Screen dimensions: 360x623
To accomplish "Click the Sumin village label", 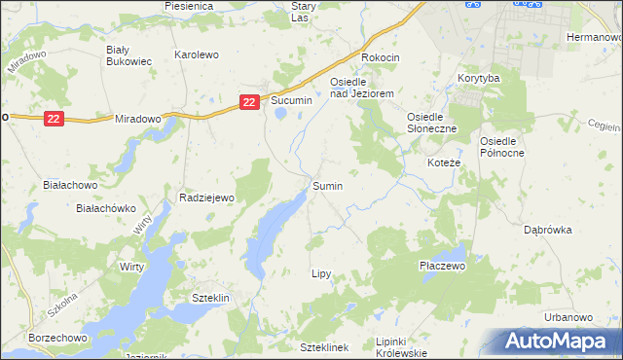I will (x=327, y=185).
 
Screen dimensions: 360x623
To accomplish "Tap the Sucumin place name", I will (x=291, y=100).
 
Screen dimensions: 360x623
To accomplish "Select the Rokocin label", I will (x=381, y=58).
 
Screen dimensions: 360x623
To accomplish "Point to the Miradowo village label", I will (x=137, y=118).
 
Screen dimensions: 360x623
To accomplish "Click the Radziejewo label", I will (x=208, y=198).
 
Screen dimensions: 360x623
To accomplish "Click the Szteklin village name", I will (x=209, y=298).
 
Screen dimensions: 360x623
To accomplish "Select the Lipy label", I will (x=321, y=274).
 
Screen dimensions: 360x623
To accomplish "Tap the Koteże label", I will (x=444, y=162).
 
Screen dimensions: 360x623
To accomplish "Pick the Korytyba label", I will (x=478, y=77).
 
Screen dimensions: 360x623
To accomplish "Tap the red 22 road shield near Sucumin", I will (x=250, y=101).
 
